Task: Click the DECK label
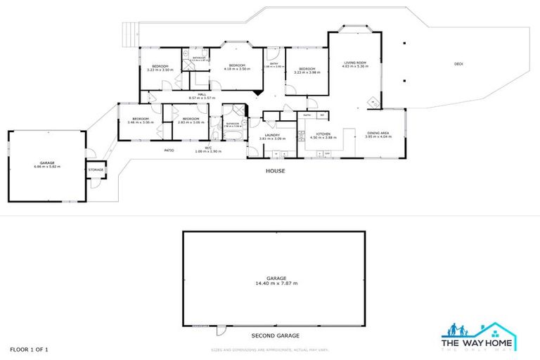click(458, 64)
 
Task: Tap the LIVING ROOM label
click(355, 63)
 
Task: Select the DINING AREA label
click(378, 133)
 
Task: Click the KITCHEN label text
click(323, 133)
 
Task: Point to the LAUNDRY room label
click(273, 134)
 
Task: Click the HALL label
click(201, 94)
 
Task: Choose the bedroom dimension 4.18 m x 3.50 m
click(237, 69)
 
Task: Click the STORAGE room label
click(96, 169)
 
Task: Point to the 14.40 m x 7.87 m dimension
click(276, 283)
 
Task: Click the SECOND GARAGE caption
click(275, 335)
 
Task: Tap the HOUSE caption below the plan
click(275, 171)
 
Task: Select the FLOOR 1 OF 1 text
click(29, 349)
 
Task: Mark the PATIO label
click(169, 150)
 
